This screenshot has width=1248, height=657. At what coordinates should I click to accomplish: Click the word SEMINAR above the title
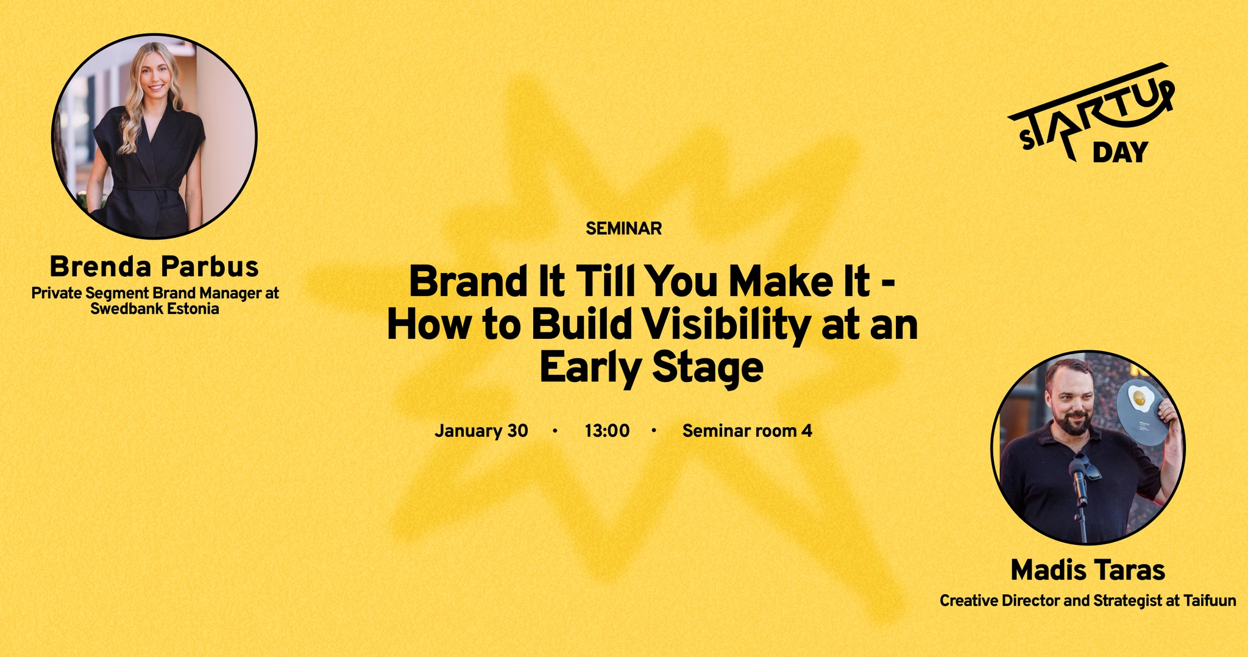[623, 229]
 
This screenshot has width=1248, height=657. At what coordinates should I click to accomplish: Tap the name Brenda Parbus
[154, 267]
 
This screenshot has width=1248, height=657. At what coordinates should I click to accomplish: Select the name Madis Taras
[1088, 570]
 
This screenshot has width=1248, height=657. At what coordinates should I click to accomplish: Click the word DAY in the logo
[1120, 152]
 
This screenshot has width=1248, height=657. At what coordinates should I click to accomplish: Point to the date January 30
[481, 431]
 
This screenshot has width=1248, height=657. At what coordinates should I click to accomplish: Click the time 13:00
[607, 431]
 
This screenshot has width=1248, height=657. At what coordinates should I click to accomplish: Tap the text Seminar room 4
[747, 431]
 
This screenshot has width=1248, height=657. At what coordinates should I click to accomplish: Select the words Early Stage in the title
[651, 368]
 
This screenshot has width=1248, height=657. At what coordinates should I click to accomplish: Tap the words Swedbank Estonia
[155, 309]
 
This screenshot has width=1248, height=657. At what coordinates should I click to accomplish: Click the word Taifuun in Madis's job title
[1210, 601]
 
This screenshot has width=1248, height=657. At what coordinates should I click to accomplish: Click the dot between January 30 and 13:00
[555, 431]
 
